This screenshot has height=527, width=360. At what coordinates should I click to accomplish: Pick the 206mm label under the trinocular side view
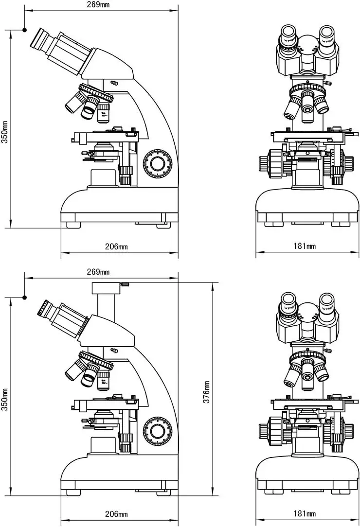coord(116,514)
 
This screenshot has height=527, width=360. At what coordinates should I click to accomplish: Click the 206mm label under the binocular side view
coord(116,246)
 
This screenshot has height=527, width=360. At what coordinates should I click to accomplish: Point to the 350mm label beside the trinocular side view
coord(5,399)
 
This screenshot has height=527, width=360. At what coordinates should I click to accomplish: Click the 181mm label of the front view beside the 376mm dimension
coord(305,514)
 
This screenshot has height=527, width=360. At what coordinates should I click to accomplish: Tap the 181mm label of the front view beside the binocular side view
coord(305,246)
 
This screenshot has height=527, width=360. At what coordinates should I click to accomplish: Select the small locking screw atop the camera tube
coord(125,283)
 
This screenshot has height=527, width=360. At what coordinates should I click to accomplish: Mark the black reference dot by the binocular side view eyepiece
coord(24,30)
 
